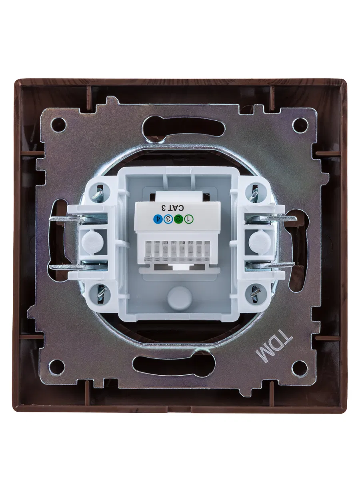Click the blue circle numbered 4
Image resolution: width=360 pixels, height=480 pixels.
pyautogui.click(x=158, y=219)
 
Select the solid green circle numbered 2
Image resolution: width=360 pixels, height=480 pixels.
pyautogui.click(x=178, y=219)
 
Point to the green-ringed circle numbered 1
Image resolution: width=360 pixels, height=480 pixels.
pyautogui.click(x=188, y=219)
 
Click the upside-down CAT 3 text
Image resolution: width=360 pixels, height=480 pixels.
pyautogui.click(x=173, y=208)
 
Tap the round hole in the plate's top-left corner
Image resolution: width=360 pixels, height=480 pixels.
pyautogui.click(x=58, y=125)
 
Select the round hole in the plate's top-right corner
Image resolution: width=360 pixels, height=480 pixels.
pyautogui.click(x=300, y=125)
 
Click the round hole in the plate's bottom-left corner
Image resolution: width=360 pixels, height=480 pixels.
pyautogui.click(x=57, y=367)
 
